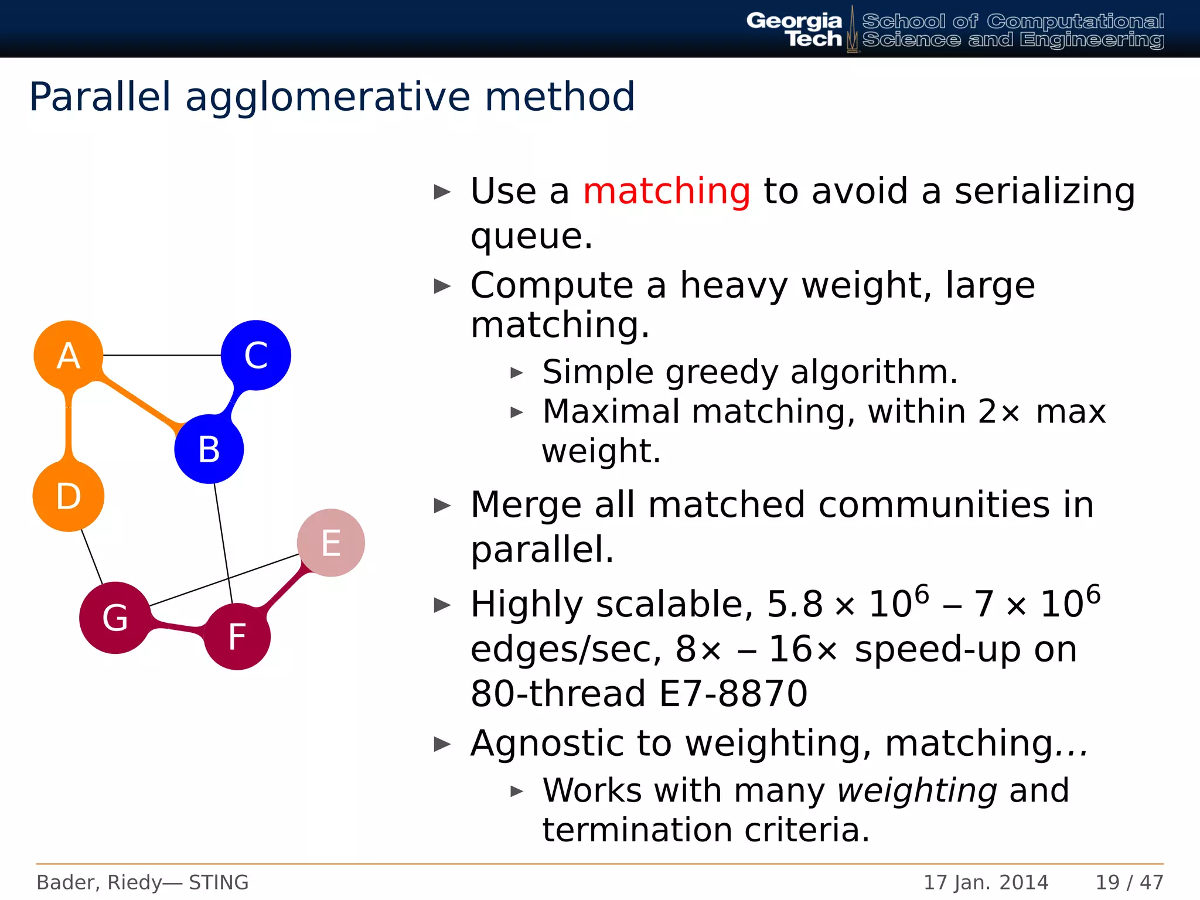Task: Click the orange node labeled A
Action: click(x=68, y=355)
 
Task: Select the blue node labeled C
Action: click(x=255, y=355)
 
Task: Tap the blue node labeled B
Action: click(x=209, y=449)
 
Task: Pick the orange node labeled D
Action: click(x=69, y=496)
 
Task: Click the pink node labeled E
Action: click(x=331, y=543)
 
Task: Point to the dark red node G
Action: click(x=115, y=618)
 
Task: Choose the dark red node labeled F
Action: click(x=237, y=636)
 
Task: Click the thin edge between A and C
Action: click(x=162, y=355)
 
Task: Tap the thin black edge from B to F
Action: click(x=223, y=542)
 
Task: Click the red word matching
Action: click(x=666, y=192)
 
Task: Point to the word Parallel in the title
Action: click(x=100, y=97)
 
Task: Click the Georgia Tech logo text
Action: click(x=795, y=30)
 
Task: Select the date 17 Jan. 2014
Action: click(x=986, y=882)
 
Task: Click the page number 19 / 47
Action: click(x=1129, y=882)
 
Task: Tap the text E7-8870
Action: click(x=733, y=694)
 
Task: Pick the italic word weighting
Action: click(x=917, y=791)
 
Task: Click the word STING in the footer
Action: click(x=219, y=882)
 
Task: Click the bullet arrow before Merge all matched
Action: click(x=442, y=506)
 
